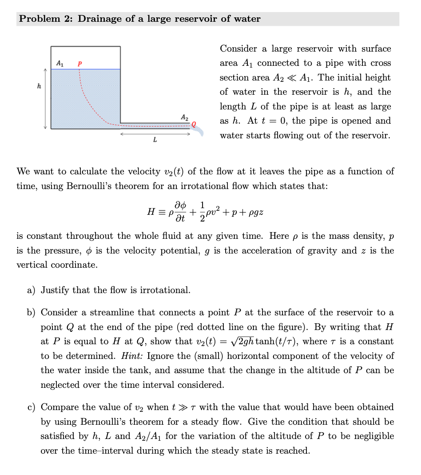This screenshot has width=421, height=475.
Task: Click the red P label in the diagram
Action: point(79,63)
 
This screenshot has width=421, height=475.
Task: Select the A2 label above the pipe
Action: point(184,117)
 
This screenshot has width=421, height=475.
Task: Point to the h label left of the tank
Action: point(40,86)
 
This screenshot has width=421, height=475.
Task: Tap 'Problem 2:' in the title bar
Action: point(46,19)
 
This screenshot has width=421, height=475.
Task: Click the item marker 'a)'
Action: point(32,290)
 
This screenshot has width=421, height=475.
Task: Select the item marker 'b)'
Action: point(32,313)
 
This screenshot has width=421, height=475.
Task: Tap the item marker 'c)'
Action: point(32,407)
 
